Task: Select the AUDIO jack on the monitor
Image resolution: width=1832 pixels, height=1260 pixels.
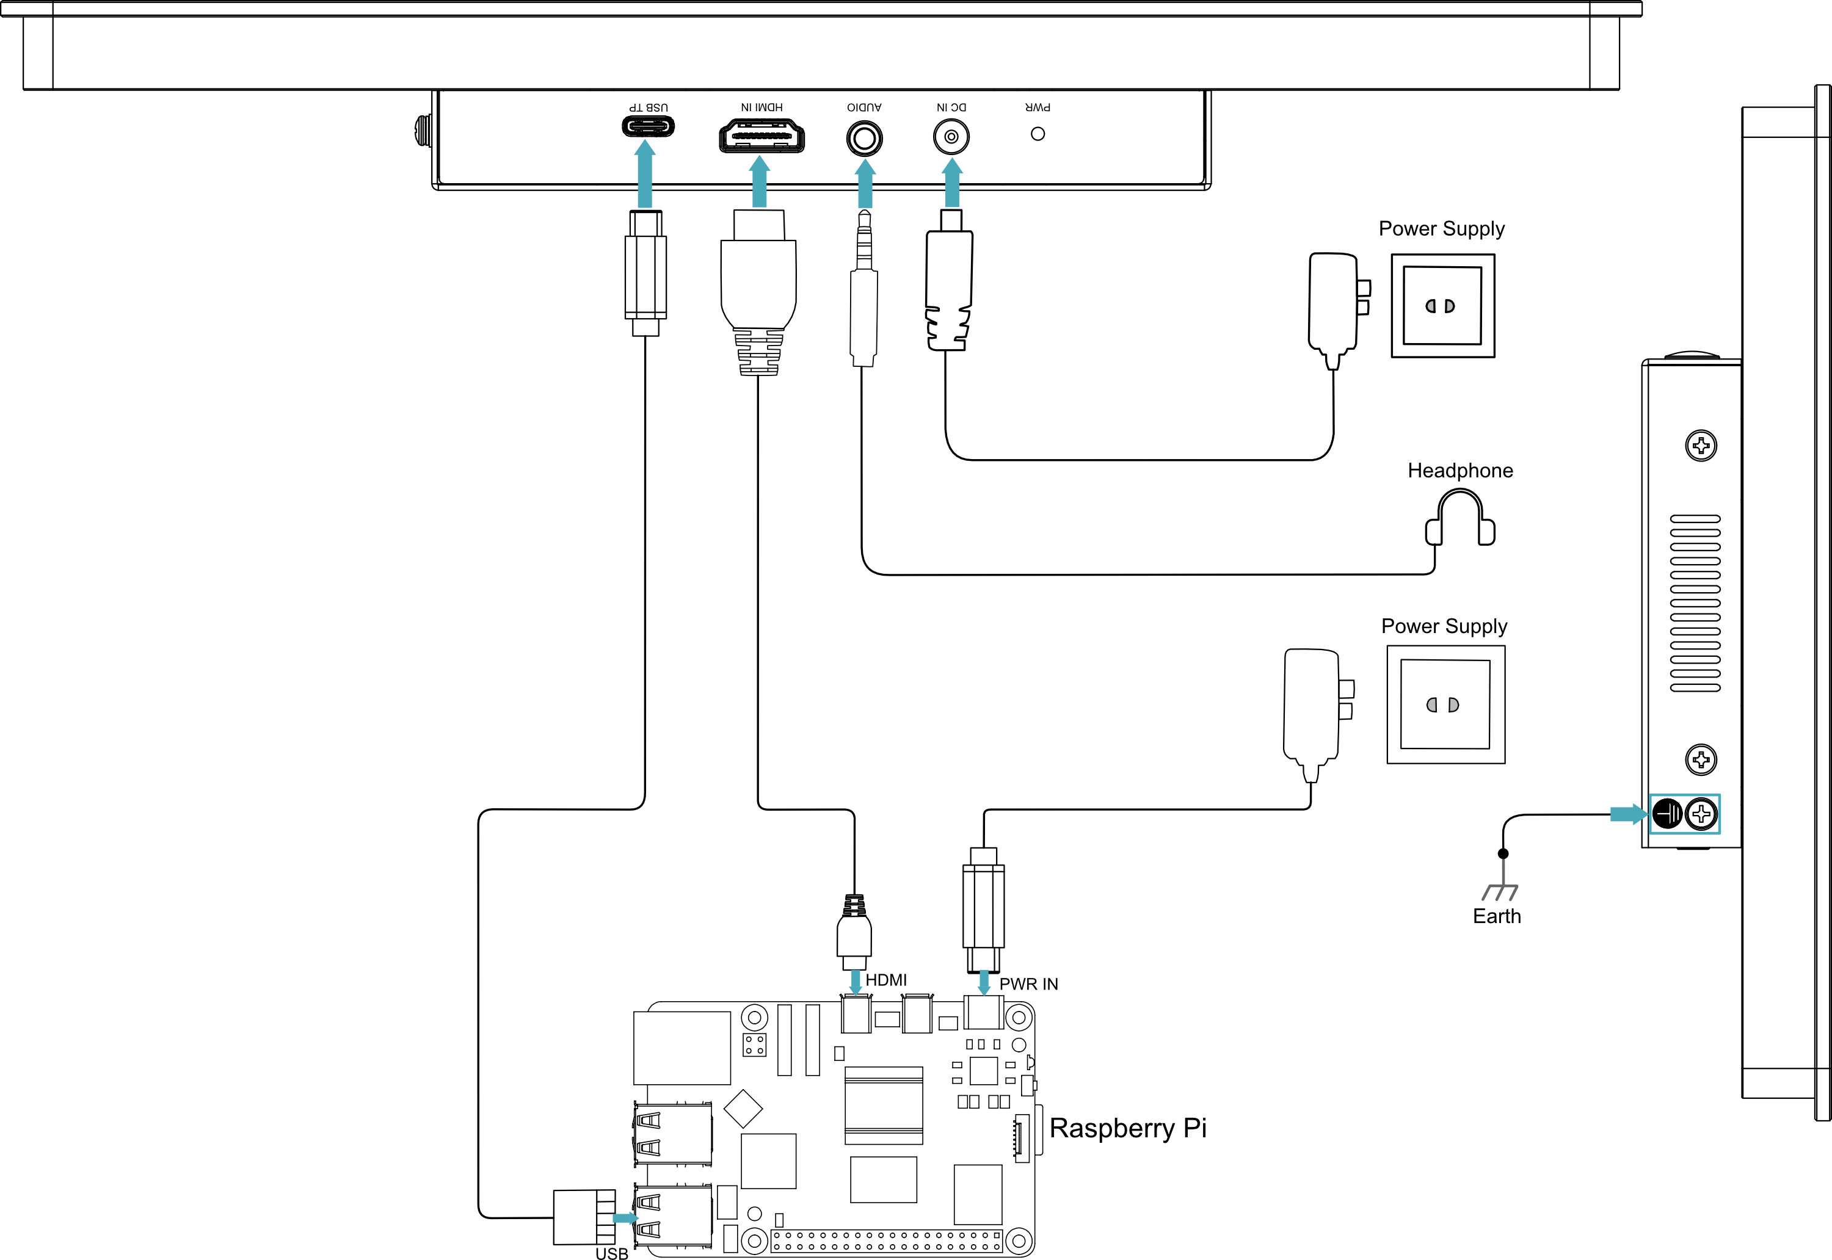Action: pos(864,139)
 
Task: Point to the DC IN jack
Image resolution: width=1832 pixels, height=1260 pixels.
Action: pos(951,137)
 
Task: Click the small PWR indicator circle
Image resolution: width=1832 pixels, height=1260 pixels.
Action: pos(1038,134)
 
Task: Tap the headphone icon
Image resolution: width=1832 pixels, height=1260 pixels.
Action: pos(1460,518)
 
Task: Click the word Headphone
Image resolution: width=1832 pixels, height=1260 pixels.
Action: pos(1460,471)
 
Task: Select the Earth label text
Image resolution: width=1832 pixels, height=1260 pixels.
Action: pos(1496,916)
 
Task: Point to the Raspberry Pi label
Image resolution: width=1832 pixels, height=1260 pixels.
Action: pos(1128,1128)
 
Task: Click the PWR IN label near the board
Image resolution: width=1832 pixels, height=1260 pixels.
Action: pos(1028,983)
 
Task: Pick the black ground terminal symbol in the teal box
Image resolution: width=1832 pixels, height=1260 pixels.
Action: pos(1667,814)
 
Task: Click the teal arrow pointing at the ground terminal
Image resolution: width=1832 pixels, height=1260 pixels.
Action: pos(1628,814)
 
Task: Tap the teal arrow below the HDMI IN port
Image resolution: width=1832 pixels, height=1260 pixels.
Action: pos(759,181)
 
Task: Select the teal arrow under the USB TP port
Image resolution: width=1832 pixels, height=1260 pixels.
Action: pos(645,175)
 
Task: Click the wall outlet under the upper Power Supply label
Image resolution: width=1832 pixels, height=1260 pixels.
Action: pos(1442,305)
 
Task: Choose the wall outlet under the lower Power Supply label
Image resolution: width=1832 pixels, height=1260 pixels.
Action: pos(1446,704)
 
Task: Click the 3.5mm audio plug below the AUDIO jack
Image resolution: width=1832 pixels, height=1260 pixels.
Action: pos(864,288)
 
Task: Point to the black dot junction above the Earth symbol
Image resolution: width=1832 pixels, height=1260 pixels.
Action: pos(1503,853)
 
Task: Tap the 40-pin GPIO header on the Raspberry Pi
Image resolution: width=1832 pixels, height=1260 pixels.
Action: pos(886,1241)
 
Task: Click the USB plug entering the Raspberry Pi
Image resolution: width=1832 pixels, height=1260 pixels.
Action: pos(584,1217)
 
